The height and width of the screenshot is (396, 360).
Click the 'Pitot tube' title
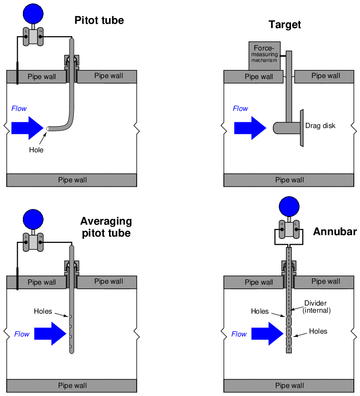tap(99, 20)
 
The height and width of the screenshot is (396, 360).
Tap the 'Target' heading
tap(285, 25)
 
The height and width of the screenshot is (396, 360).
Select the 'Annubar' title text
tap(335, 232)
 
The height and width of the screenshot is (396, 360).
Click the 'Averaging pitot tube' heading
tap(106, 227)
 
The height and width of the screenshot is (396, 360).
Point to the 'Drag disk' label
tap(320, 126)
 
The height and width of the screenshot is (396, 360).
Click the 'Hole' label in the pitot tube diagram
tap(36, 150)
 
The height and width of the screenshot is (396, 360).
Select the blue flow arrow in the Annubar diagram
tap(267, 334)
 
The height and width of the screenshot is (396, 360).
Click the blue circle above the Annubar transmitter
tap(289, 207)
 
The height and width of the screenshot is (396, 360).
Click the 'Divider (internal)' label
tap(317, 307)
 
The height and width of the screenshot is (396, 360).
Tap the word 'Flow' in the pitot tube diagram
tap(19, 109)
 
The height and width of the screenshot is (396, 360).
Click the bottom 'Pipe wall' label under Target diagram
tap(290, 180)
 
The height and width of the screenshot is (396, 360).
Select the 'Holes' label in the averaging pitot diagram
tap(43, 312)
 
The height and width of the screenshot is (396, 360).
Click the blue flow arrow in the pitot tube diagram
tap(28, 128)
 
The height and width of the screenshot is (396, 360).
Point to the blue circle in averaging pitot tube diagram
tap(33, 219)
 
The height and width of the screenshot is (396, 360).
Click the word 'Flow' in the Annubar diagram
tap(239, 334)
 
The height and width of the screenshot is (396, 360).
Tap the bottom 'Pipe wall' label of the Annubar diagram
tap(290, 386)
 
